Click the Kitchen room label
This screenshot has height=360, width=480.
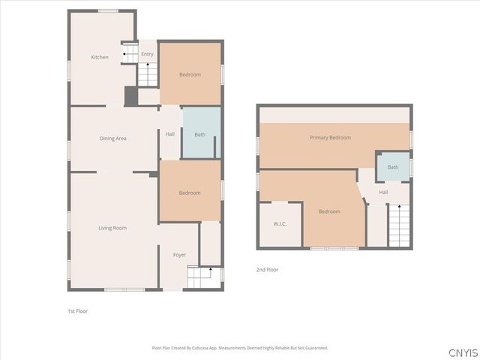(100, 57)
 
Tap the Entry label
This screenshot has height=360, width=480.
(147, 54)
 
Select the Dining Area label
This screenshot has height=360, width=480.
(112, 138)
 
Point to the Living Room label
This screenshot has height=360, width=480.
(112, 227)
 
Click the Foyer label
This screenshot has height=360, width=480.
(179, 255)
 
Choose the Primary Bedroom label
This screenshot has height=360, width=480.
(330, 137)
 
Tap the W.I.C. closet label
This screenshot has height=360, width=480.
(280, 223)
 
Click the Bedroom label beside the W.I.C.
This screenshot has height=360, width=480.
(329, 211)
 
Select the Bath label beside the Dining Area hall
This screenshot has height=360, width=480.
(199, 134)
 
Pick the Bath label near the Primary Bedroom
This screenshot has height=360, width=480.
(393, 167)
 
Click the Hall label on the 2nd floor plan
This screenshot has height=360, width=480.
(383, 193)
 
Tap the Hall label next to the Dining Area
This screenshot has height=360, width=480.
(170, 134)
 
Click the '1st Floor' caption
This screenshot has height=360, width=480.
(78, 310)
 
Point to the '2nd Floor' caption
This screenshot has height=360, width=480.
(267, 269)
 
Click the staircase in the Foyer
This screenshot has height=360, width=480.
(200, 279)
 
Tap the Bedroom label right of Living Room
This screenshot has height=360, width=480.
(190, 193)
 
